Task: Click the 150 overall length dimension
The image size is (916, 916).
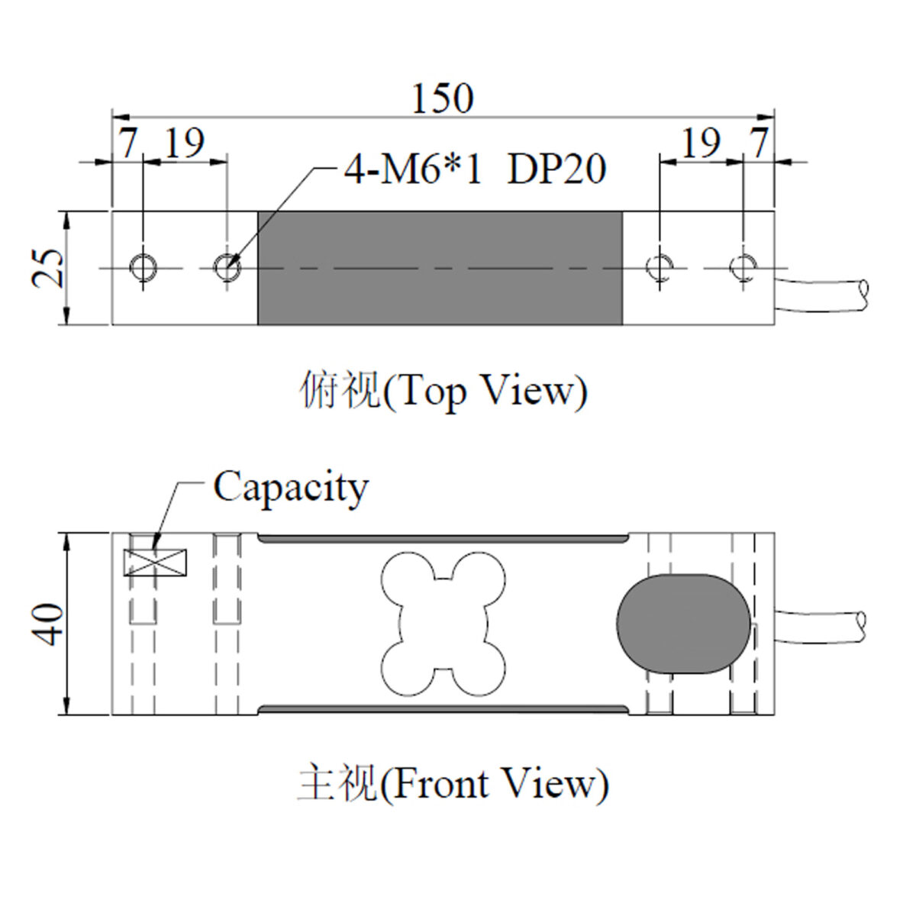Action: pyautogui.click(x=443, y=99)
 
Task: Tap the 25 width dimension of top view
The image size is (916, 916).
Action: pyautogui.click(x=47, y=269)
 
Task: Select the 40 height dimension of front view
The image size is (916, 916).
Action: pyautogui.click(x=47, y=624)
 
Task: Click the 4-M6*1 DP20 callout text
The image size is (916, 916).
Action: pyautogui.click(x=475, y=169)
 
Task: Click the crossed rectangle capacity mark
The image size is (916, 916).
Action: pyautogui.click(x=155, y=563)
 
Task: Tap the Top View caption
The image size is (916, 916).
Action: pyautogui.click(x=443, y=392)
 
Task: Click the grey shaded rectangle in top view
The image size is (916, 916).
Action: pyautogui.click(x=440, y=268)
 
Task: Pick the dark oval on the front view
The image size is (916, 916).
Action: pyautogui.click(x=683, y=624)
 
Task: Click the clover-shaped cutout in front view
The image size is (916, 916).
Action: pyautogui.click(x=443, y=624)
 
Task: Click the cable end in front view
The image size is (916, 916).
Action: pyautogui.click(x=861, y=627)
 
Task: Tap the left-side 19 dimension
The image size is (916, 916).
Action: pyautogui.click(x=185, y=142)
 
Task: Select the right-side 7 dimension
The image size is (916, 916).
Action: pyautogui.click(x=759, y=142)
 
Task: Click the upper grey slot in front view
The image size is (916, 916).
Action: pyautogui.click(x=443, y=538)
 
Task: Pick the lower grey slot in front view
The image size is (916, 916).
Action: pyautogui.click(x=443, y=709)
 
